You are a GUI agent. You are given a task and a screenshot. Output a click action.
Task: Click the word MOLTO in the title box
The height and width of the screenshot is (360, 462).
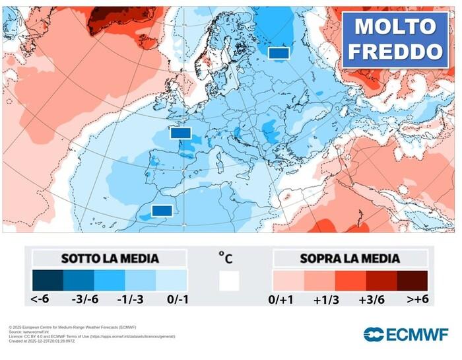click(x=395, y=26)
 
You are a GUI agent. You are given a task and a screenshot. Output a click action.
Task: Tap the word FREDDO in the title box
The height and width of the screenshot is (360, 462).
click(x=395, y=52)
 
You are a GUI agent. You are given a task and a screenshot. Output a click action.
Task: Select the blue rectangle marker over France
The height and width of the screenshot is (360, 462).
click(x=180, y=133)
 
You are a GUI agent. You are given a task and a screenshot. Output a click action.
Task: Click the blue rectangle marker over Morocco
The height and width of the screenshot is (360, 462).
click(x=162, y=211)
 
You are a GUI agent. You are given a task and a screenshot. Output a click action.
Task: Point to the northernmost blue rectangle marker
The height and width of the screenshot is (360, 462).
click(x=279, y=52)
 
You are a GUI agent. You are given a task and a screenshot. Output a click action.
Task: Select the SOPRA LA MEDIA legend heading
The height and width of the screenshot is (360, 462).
click(x=350, y=258)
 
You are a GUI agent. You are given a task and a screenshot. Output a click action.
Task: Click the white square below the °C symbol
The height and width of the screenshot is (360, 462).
click(x=229, y=281)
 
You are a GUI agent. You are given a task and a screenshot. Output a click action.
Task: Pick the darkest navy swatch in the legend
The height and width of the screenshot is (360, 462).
click(x=48, y=280)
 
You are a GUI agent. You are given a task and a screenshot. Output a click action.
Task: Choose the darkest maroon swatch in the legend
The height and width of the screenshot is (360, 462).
click(x=412, y=280)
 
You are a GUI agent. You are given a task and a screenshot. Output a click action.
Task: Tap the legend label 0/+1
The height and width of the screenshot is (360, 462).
click(x=283, y=299)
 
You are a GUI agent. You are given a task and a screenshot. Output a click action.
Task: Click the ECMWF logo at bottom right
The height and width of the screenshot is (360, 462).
click(x=407, y=334)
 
